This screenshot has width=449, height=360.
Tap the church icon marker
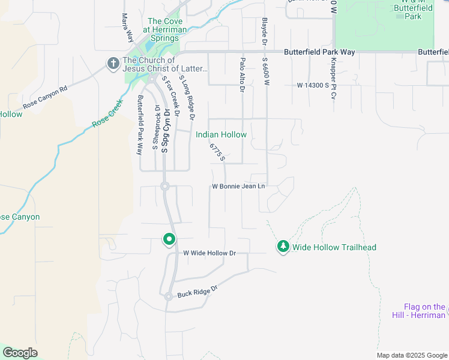[112, 64]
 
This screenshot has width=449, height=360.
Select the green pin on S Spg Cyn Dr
[169, 239]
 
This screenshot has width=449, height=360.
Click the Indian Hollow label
[221, 134]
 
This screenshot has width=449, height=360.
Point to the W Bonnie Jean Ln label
[238, 187]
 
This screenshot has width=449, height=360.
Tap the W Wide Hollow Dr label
[209, 253]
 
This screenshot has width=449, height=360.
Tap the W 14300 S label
[313, 86]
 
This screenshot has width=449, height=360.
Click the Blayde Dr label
[264, 31]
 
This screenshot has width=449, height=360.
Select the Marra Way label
[127, 28]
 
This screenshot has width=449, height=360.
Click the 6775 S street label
[217, 152]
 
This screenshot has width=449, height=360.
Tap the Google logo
[20, 353]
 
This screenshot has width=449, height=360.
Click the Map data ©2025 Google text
[411, 355]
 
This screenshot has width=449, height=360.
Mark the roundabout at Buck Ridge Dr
[169, 296]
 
